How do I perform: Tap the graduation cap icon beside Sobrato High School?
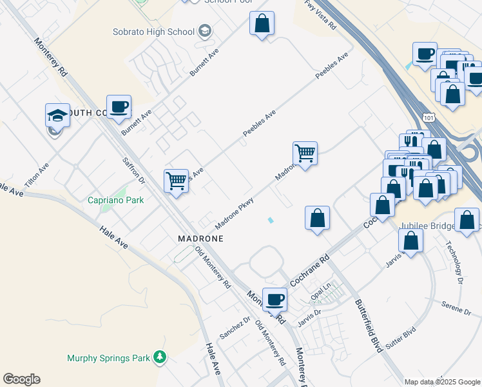(x=204, y=30)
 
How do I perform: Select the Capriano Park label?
(x=116, y=200)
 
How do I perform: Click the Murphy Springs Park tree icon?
(x=159, y=357)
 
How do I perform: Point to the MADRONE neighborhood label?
(x=200, y=238)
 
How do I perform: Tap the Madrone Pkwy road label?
(x=234, y=213)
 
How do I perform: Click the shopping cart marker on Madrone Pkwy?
(x=305, y=154)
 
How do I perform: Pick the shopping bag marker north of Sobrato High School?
(x=262, y=24)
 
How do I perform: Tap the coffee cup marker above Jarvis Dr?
(x=275, y=299)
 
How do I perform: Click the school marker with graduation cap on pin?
(x=57, y=116)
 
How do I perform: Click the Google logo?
(x=21, y=379)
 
